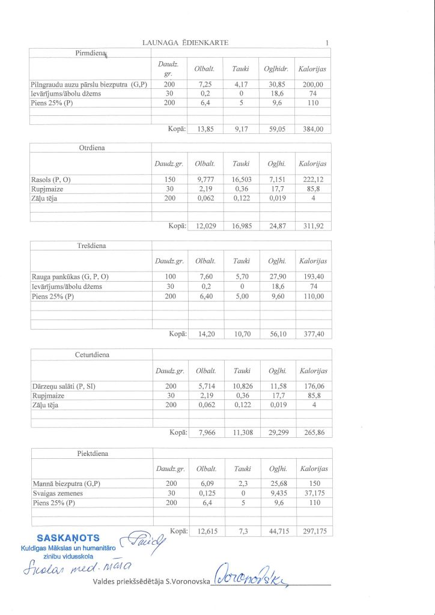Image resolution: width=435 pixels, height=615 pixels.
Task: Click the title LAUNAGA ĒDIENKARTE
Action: [x=185, y=43]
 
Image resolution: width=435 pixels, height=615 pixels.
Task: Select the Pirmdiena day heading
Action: [x=90, y=54]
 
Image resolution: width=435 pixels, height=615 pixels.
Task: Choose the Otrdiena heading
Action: [x=91, y=148]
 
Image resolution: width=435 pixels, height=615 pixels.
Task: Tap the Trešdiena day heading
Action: [x=91, y=246]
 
